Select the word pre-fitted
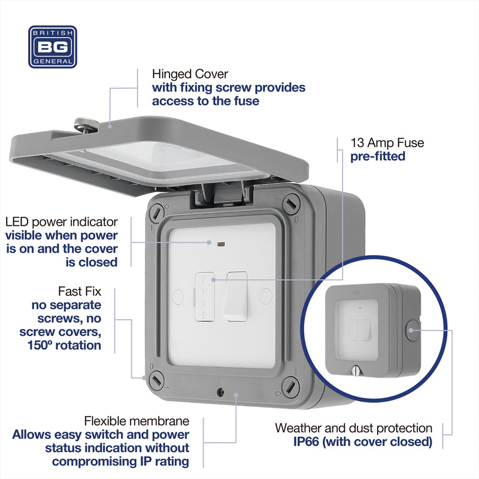point(378,156)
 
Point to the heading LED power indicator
point(61,222)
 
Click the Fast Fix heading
point(80,292)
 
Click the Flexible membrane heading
point(137,420)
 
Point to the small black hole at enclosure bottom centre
point(222,393)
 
